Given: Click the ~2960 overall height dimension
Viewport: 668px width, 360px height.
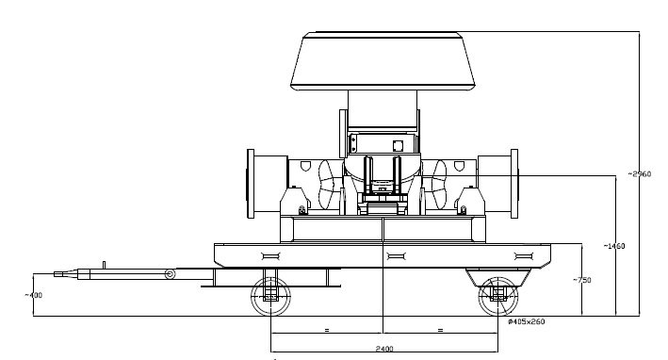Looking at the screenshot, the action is (640, 173).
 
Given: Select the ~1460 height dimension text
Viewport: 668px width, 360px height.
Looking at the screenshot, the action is (614, 246).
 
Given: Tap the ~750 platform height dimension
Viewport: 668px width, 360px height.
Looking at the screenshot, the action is (582, 280).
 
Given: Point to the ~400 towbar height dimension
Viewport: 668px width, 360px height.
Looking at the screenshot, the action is (33, 295).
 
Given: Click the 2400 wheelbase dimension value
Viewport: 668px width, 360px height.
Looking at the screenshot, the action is (384, 349).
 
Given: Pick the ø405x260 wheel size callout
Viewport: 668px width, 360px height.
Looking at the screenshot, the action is (526, 321).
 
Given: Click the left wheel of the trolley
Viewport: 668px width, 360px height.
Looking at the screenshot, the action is (270, 296).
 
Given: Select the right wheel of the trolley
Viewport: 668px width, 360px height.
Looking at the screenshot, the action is (498, 296).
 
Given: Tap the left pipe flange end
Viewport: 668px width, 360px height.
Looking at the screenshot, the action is (251, 184).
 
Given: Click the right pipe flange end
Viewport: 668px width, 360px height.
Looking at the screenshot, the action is (514, 184).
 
